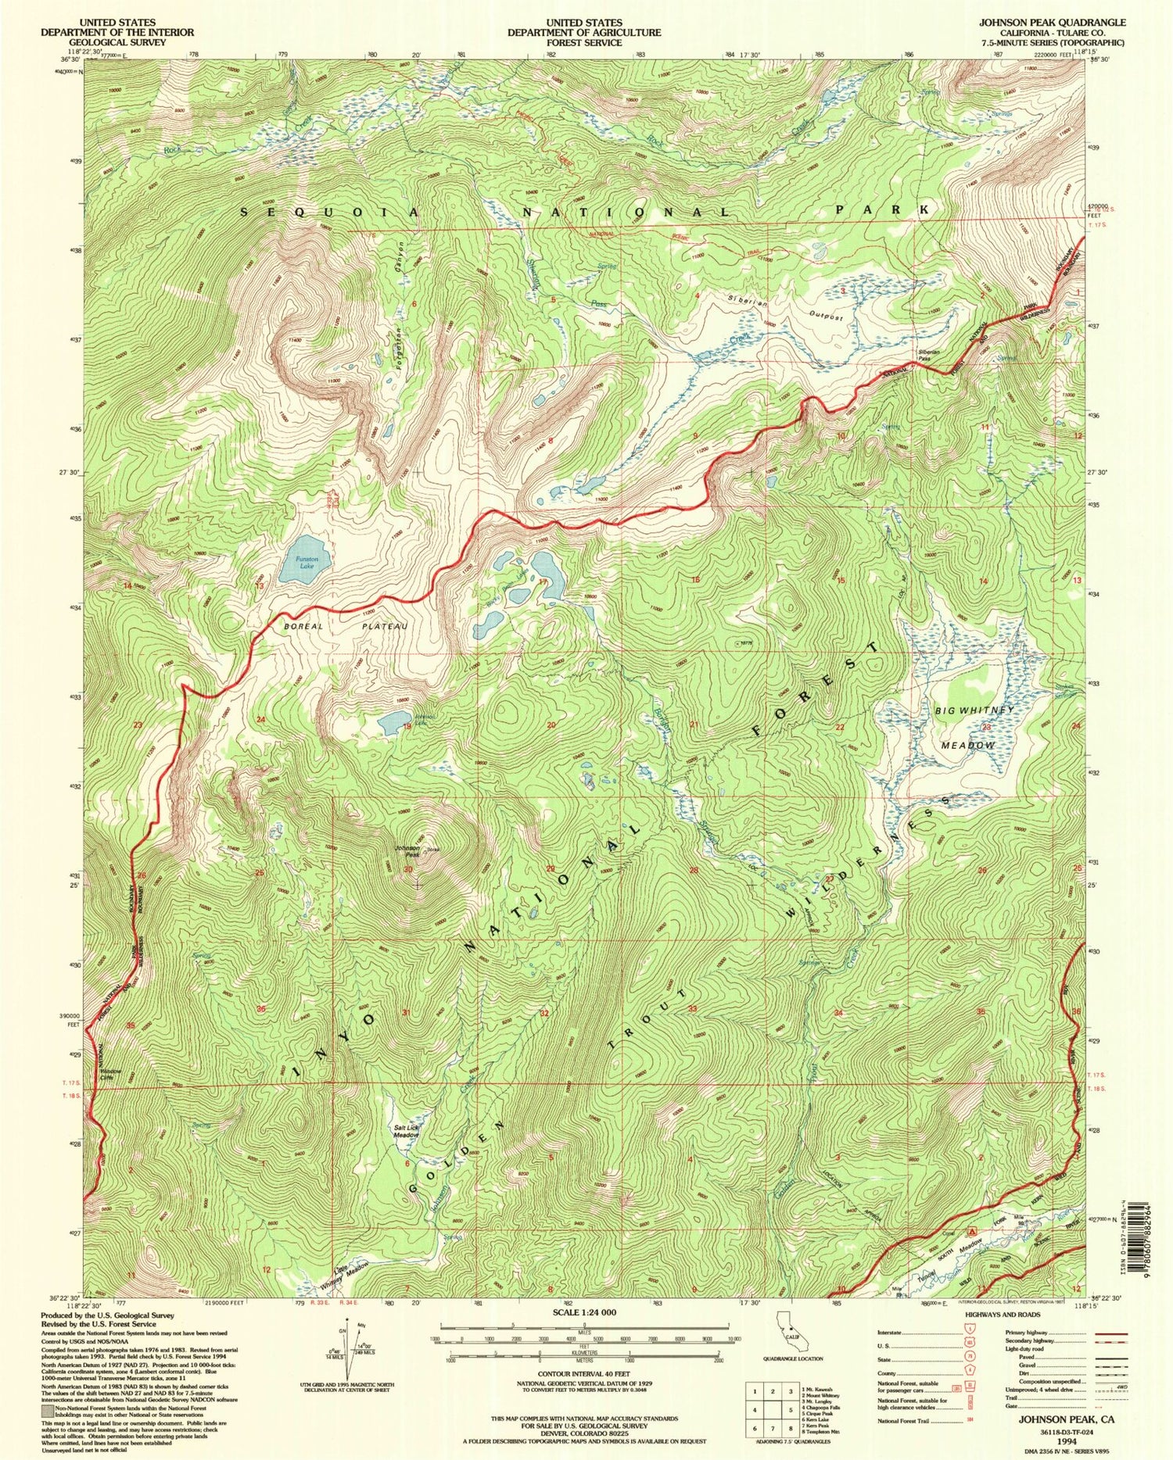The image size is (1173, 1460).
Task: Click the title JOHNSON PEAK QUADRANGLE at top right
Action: [1053, 23]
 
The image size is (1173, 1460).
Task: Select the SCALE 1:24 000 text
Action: [584, 1313]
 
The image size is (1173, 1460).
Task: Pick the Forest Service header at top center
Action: [583, 32]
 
